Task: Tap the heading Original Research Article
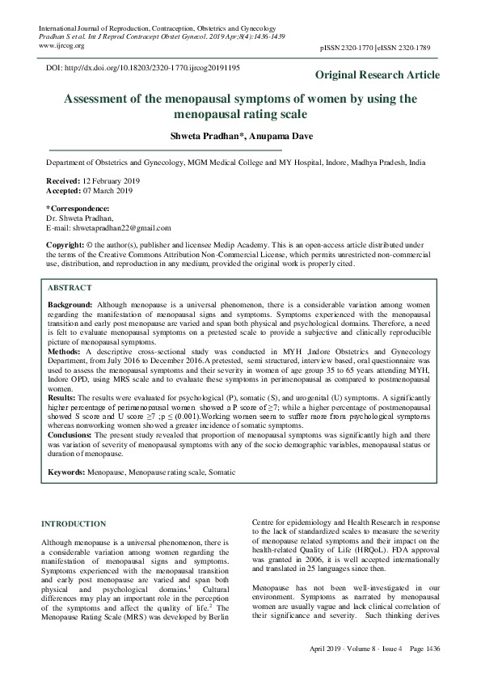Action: (x=378, y=75)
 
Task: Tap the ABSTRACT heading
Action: (x=70, y=287)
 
